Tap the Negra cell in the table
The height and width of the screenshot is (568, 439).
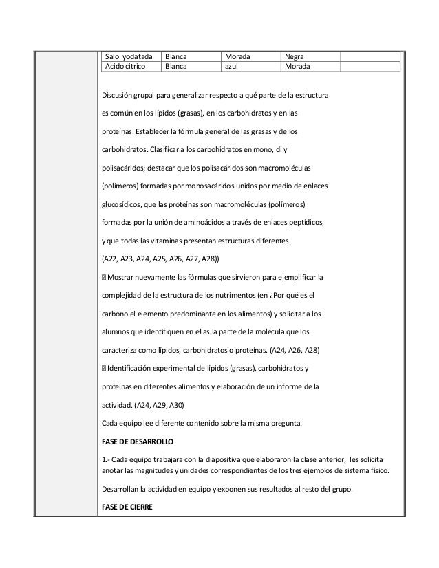[296, 56]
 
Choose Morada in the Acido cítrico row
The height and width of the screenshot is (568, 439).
[298, 67]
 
